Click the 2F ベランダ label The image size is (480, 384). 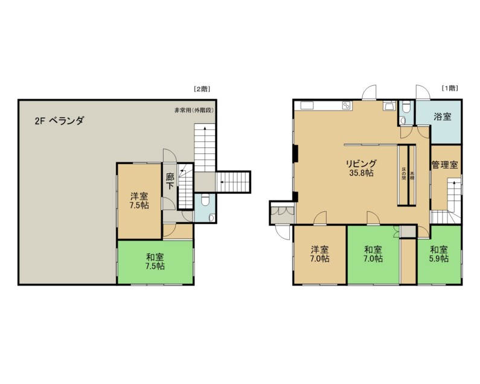(59, 121)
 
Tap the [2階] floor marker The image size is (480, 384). (202, 89)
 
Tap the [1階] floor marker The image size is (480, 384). (450, 88)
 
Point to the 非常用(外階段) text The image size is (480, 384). (194, 110)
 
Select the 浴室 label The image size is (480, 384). (443, 117)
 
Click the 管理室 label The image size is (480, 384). (445, 165)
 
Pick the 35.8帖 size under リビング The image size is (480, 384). (361, 173)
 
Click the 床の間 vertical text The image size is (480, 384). (404, 173)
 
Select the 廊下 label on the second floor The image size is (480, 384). (170, 181)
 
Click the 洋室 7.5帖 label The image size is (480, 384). (139, 200)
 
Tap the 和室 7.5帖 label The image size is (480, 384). (155, 261)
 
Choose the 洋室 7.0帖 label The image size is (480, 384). (319, 254)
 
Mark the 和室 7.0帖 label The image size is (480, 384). (373, 254)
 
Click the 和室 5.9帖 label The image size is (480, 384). (439, 254)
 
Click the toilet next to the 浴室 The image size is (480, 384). (406, 107)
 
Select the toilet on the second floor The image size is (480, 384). (205, 200)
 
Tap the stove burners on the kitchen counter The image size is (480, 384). (347, 106)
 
